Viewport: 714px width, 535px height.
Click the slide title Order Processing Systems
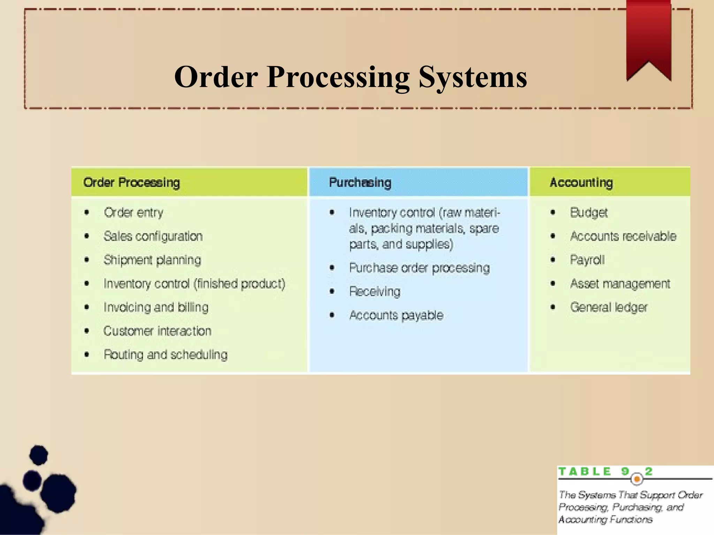tap(350, 77)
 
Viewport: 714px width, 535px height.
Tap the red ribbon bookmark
tap(648, 35)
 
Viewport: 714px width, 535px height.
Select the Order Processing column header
tap(131, 183)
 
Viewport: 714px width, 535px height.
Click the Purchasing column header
tap(360, 183)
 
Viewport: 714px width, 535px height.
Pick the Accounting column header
tap(581, 183)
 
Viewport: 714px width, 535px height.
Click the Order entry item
tap(134, 212)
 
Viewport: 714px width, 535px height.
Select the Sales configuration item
tap(153, 236)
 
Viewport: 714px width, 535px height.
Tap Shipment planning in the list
tap(152, 260)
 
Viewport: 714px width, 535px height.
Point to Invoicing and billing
tap(156, 307)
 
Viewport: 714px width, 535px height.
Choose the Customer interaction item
tap(157, 331)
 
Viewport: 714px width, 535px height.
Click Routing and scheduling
tap(166, 355)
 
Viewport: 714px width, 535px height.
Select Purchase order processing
tap(419, 268)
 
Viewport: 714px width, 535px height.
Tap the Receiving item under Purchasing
tap(375, 292)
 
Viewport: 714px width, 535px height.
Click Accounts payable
tap(396, 315)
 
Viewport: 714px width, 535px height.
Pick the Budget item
tap(589, 212)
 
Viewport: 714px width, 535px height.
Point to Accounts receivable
tap(623, 236)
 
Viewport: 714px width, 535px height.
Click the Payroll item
tap(587, 260)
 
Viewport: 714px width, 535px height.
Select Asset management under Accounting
tap(620, 284)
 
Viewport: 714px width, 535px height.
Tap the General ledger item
tap(609, 307)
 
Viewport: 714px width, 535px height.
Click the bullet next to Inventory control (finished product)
tap(87, 284)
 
